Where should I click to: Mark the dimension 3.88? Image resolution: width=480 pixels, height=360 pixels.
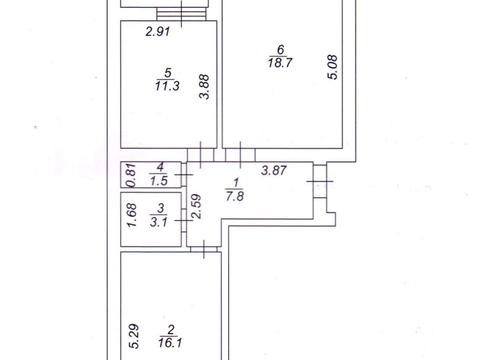[x=204, y=92]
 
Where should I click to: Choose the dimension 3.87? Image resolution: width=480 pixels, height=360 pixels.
[x=274, y=170]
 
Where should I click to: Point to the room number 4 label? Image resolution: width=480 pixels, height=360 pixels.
[x=159, y=167]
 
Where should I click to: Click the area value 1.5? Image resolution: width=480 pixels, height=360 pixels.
[x=158, y=180]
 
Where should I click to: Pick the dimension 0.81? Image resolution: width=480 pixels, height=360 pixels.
[x=130, y=175]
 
